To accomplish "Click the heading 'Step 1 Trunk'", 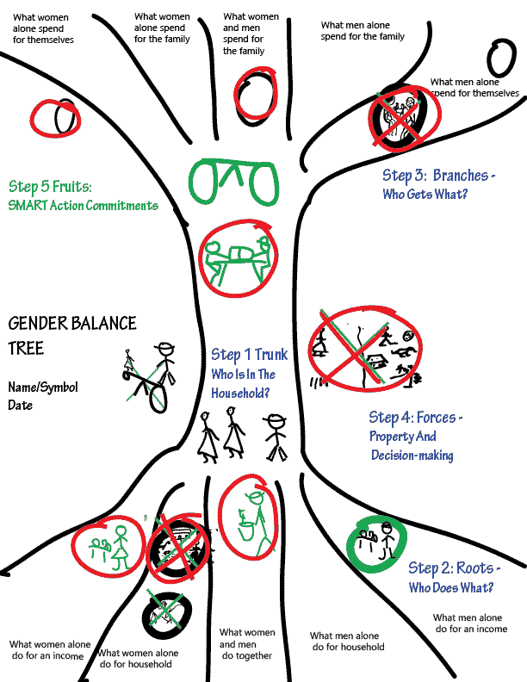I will click(250, 355).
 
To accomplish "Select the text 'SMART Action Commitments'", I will click(83, 205).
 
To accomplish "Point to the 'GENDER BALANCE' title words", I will click(72, 323).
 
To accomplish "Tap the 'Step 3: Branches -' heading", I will click(439, 176).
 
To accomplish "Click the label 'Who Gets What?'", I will click(425, 195).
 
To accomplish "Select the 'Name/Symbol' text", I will click(43, 387).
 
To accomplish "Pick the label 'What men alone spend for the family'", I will click(362, 32).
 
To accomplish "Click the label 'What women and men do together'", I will click(245, 644).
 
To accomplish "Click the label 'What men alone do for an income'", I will click(469, 623).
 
